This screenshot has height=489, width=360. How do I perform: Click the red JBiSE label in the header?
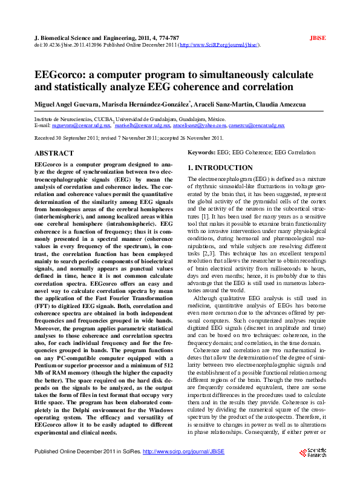pos(318,38)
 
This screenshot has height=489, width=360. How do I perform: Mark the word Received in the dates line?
pos(45,139)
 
